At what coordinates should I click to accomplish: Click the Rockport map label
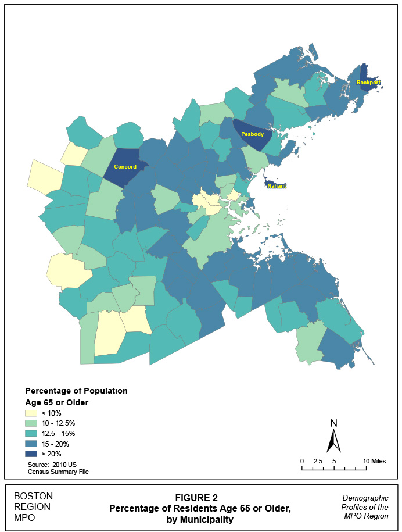(368, 83)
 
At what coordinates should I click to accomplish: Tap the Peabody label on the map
(252, 134)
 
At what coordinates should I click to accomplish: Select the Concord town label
(125, 167)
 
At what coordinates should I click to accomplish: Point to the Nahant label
(277, 186)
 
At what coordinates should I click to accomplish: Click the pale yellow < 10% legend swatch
(32, 413)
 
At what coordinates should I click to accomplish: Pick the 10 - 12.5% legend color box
(32, 423)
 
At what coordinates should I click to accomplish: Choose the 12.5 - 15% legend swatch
(32, 434)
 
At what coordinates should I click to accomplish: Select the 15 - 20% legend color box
(32, 444)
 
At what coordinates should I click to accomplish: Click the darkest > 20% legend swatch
(32, 454)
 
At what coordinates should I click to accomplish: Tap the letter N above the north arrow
(333, 423)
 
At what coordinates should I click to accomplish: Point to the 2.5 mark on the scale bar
(318, 461)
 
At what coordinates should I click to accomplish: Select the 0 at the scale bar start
(302, 461)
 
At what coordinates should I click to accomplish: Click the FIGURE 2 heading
(200, 498)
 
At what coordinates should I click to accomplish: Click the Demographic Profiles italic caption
(365, 508)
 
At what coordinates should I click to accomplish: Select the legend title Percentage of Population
(76, 390)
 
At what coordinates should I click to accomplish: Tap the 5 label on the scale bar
(334, 461)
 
